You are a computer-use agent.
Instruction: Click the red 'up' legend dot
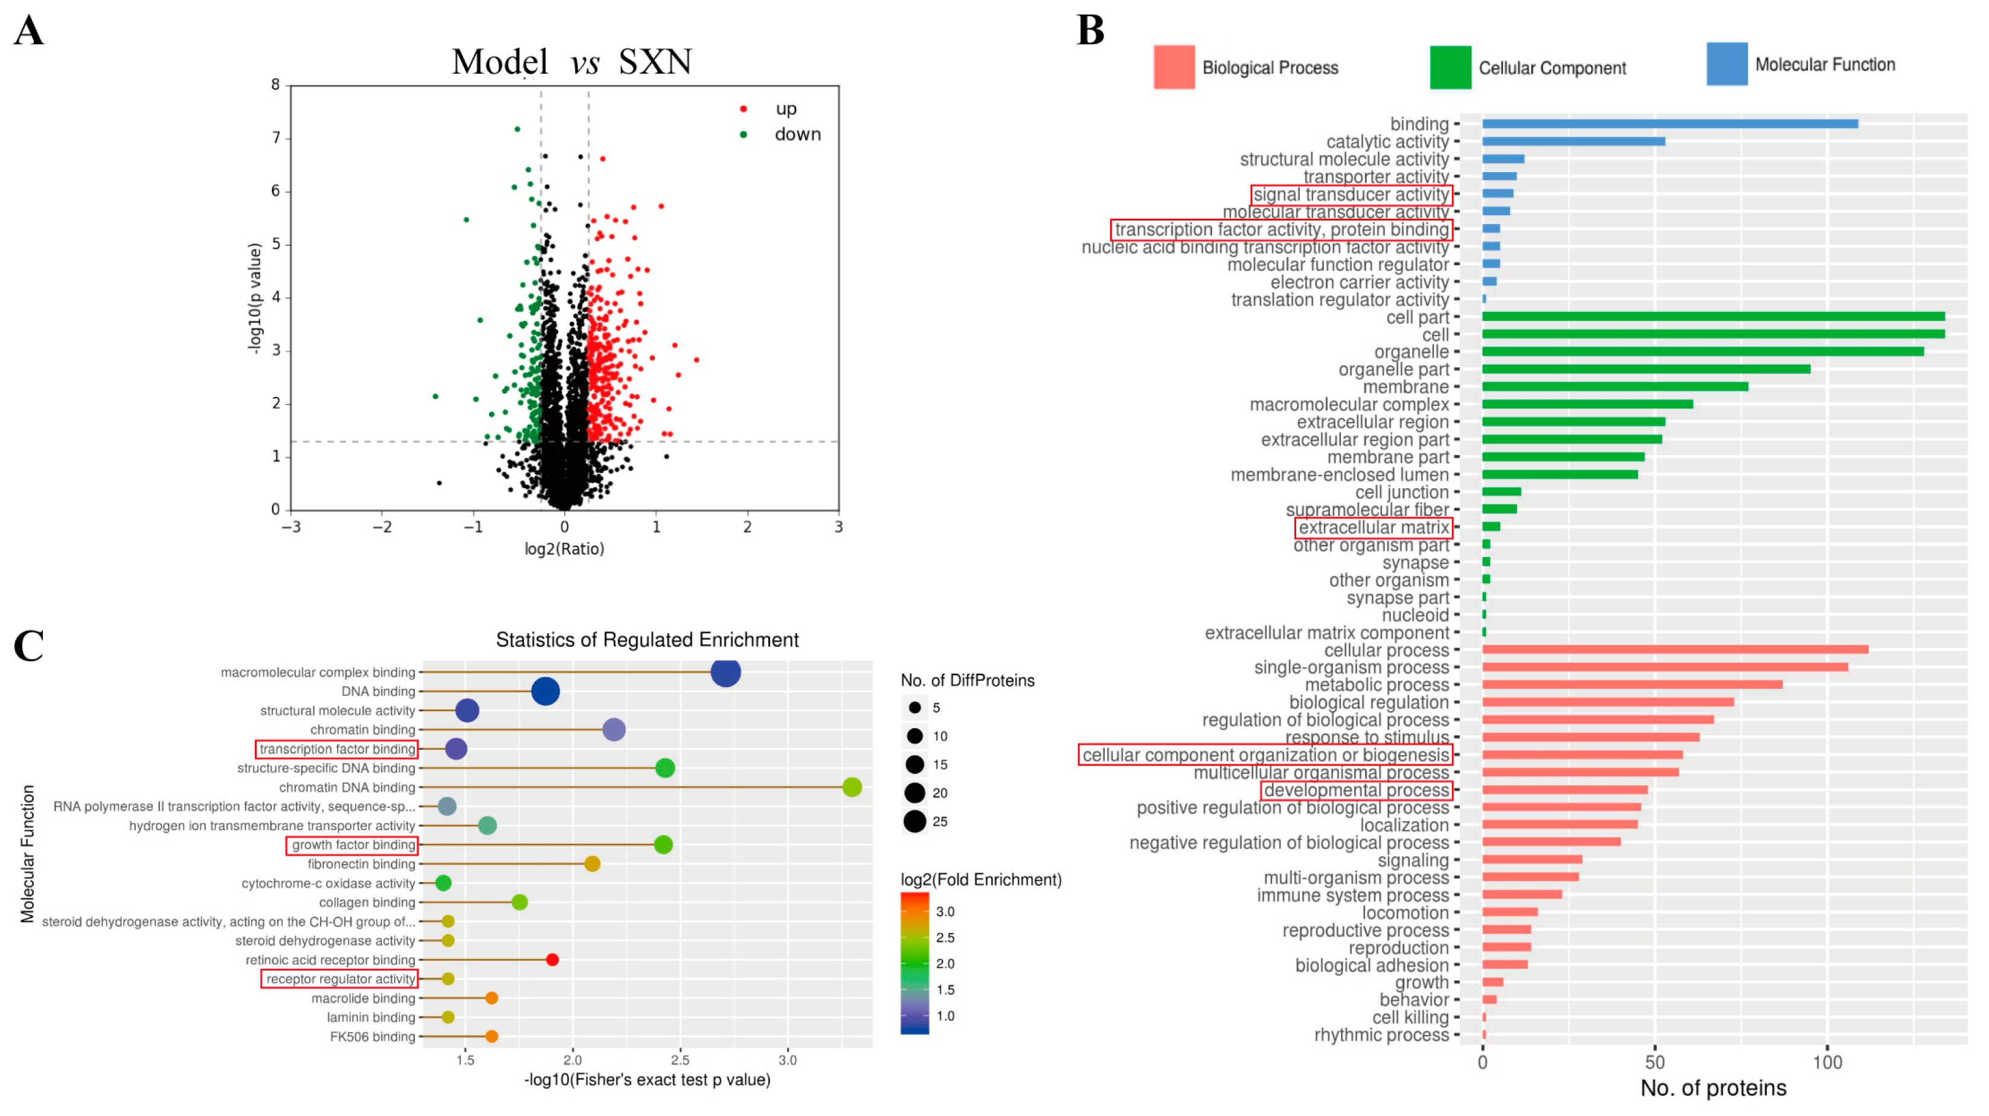[x=744, y=109]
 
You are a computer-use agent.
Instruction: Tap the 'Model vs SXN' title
[x=571, y=62]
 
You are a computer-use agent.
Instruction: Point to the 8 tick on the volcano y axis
[x=275, y=85]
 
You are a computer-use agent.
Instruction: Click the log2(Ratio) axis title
[x=564, y=549]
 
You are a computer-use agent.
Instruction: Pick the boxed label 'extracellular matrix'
[x=1373, y=527]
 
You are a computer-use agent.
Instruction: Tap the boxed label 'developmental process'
[x=1356, y=790]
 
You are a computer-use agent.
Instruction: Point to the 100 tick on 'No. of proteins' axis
[x=1827, y=1063]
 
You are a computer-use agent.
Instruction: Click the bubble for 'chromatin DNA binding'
[x=852, y=787]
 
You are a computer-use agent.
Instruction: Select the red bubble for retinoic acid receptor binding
[x=552, y=960]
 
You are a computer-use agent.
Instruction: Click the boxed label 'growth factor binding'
[x=352, y=845]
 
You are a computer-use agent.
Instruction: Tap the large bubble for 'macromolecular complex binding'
[x=725, y=672]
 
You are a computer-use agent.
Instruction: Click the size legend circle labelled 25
[x=914, y=822]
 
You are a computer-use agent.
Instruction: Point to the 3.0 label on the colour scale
[x=945, y=911]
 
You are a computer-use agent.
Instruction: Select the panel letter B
[x=1090, y=31]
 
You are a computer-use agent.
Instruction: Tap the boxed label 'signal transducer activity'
[x=1351, y=195]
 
